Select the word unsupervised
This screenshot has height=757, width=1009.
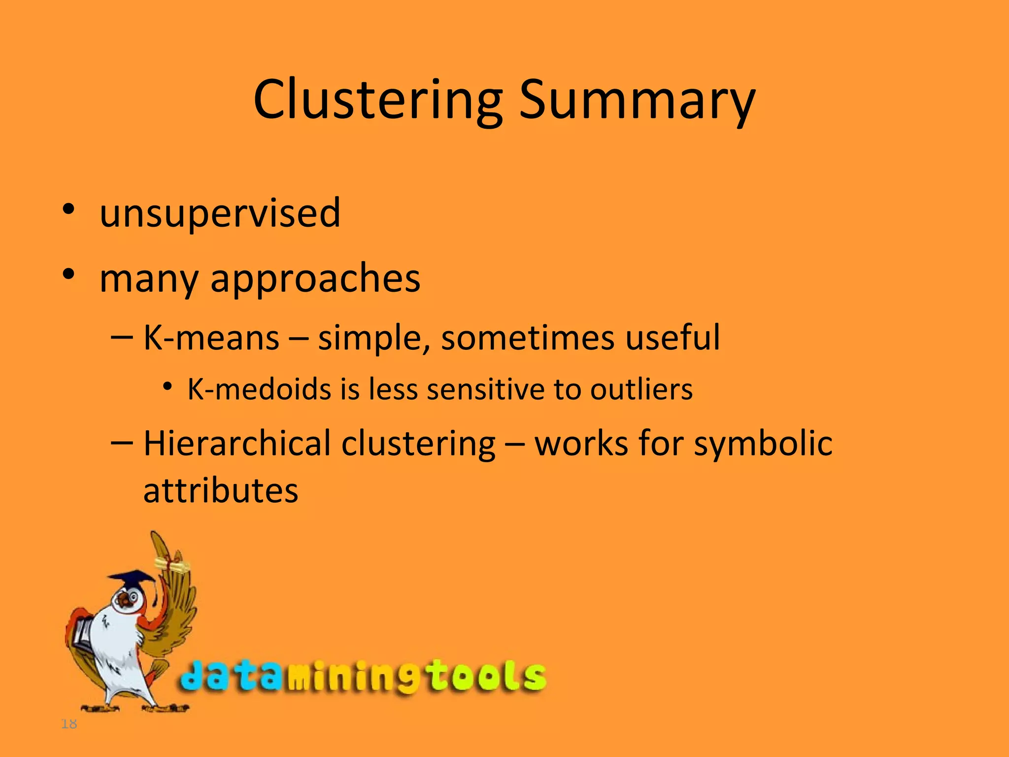click(x=220, y=213)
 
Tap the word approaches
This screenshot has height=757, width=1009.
click(x=315, y=279)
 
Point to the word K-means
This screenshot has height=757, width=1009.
click(x=211, y=338)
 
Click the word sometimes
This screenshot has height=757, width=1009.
click(x=528, y=338)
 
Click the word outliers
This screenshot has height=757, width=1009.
click(x=641, y=389)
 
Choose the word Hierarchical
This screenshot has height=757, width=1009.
click(x=237, y=444)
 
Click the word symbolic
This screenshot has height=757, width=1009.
click(x=763, y=444)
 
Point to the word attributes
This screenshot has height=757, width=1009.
click(x=221, y=491)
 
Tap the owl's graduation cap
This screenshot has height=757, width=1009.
click(x=132, y=578)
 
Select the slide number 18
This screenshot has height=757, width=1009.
click(x=69, y=724)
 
